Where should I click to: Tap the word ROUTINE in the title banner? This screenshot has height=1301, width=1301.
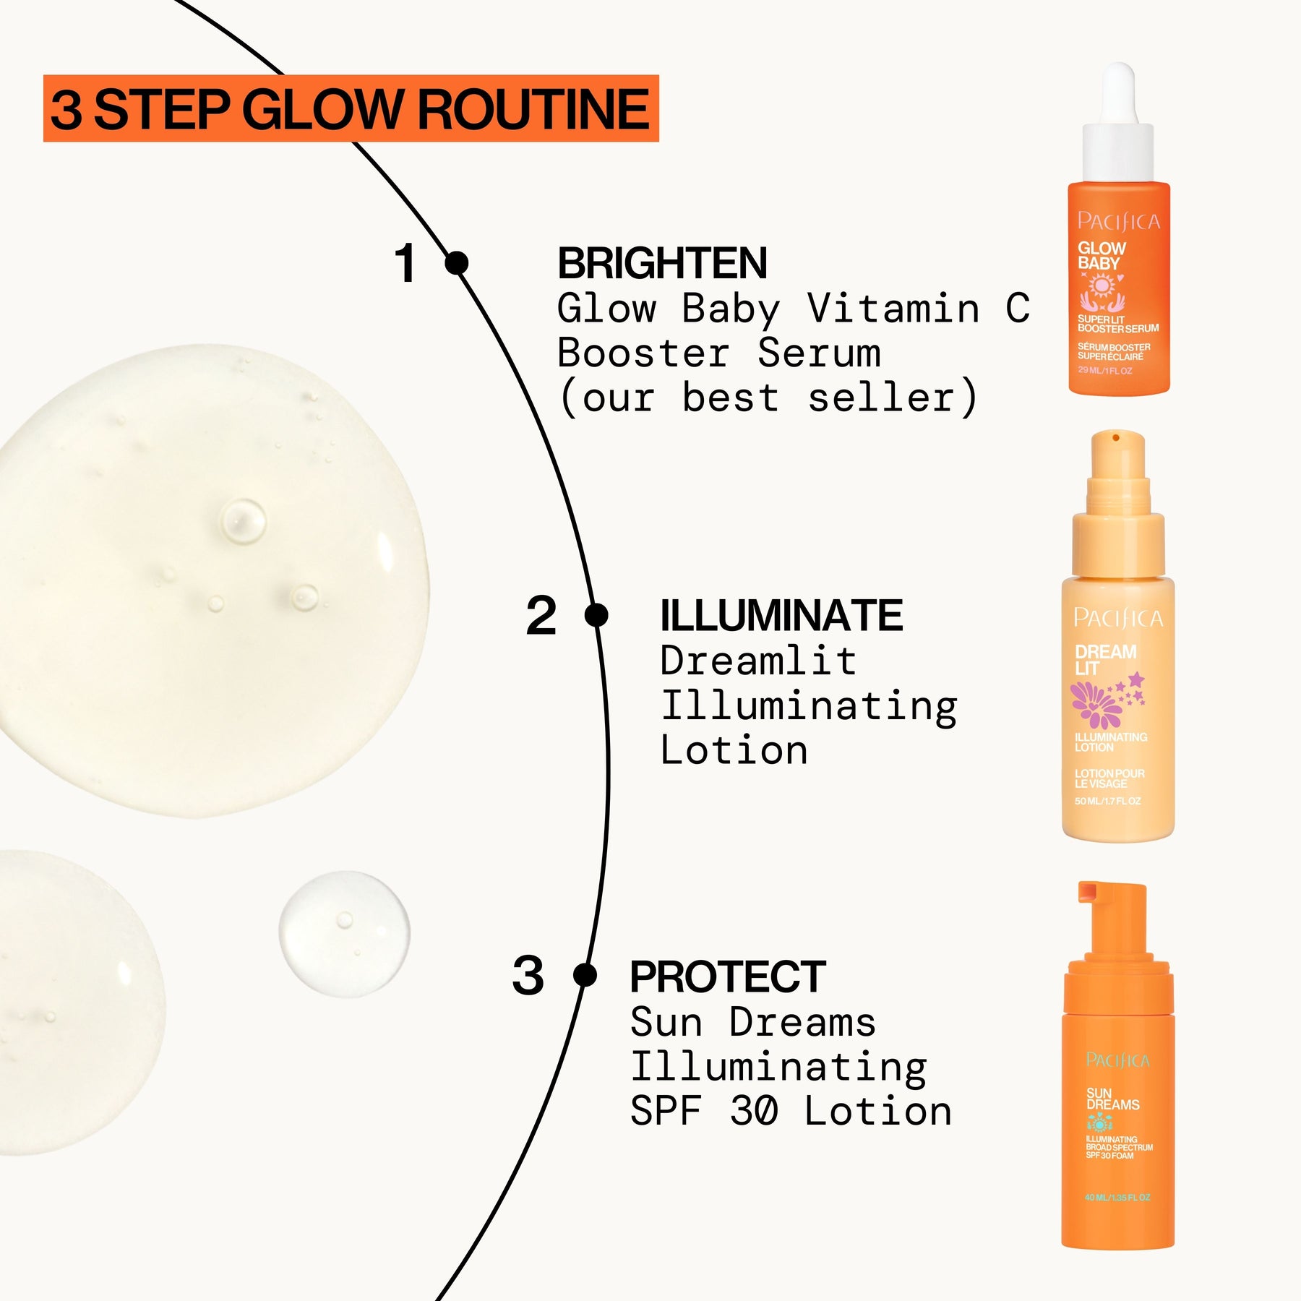(533, 110)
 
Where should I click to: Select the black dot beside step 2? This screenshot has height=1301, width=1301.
(596, 616)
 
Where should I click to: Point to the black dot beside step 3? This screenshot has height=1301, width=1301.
(585, 975)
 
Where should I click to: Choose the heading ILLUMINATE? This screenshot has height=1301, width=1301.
(781, 616)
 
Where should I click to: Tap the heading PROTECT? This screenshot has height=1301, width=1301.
(727, 976)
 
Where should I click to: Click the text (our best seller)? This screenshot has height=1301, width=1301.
(768, 398)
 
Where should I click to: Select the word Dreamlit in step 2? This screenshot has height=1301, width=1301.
(757, 661)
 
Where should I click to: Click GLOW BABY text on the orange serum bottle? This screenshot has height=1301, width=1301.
(1101, 256)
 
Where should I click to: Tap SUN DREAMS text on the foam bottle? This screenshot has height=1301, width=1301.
(1112, 1099)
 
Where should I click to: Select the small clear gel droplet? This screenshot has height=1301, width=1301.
(344, 933)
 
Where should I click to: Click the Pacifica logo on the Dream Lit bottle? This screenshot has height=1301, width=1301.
(1117, 618)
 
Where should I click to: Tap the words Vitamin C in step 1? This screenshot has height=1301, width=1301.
(918, 309)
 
